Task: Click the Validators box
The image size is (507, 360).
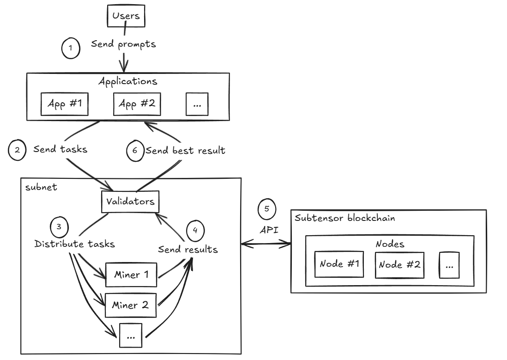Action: pyautogui.click(x=131, y=202)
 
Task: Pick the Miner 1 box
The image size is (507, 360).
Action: pyautogui.click(x=131, y=275)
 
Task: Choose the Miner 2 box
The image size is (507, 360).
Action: pyautogui.click(x=131, y=305)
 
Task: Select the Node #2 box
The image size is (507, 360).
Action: pyautogui.click(x=400, y=265)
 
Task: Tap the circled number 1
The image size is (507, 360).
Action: pyautogui.click(x=71, y=48)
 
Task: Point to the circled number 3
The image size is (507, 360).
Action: pyautogui.click(x=59, y=227)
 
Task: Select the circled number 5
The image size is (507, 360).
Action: pyautogui.click(x=267, y=208)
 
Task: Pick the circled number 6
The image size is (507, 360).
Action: pyautogui.click(x=135, y=151)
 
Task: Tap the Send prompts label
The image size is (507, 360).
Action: pyautogui.click(x=123, y=44)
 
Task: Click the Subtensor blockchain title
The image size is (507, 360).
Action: pyautogui.click(x=344, y=218)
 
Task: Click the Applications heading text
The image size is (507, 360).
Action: pyautogui.click(x=128, y=81)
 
